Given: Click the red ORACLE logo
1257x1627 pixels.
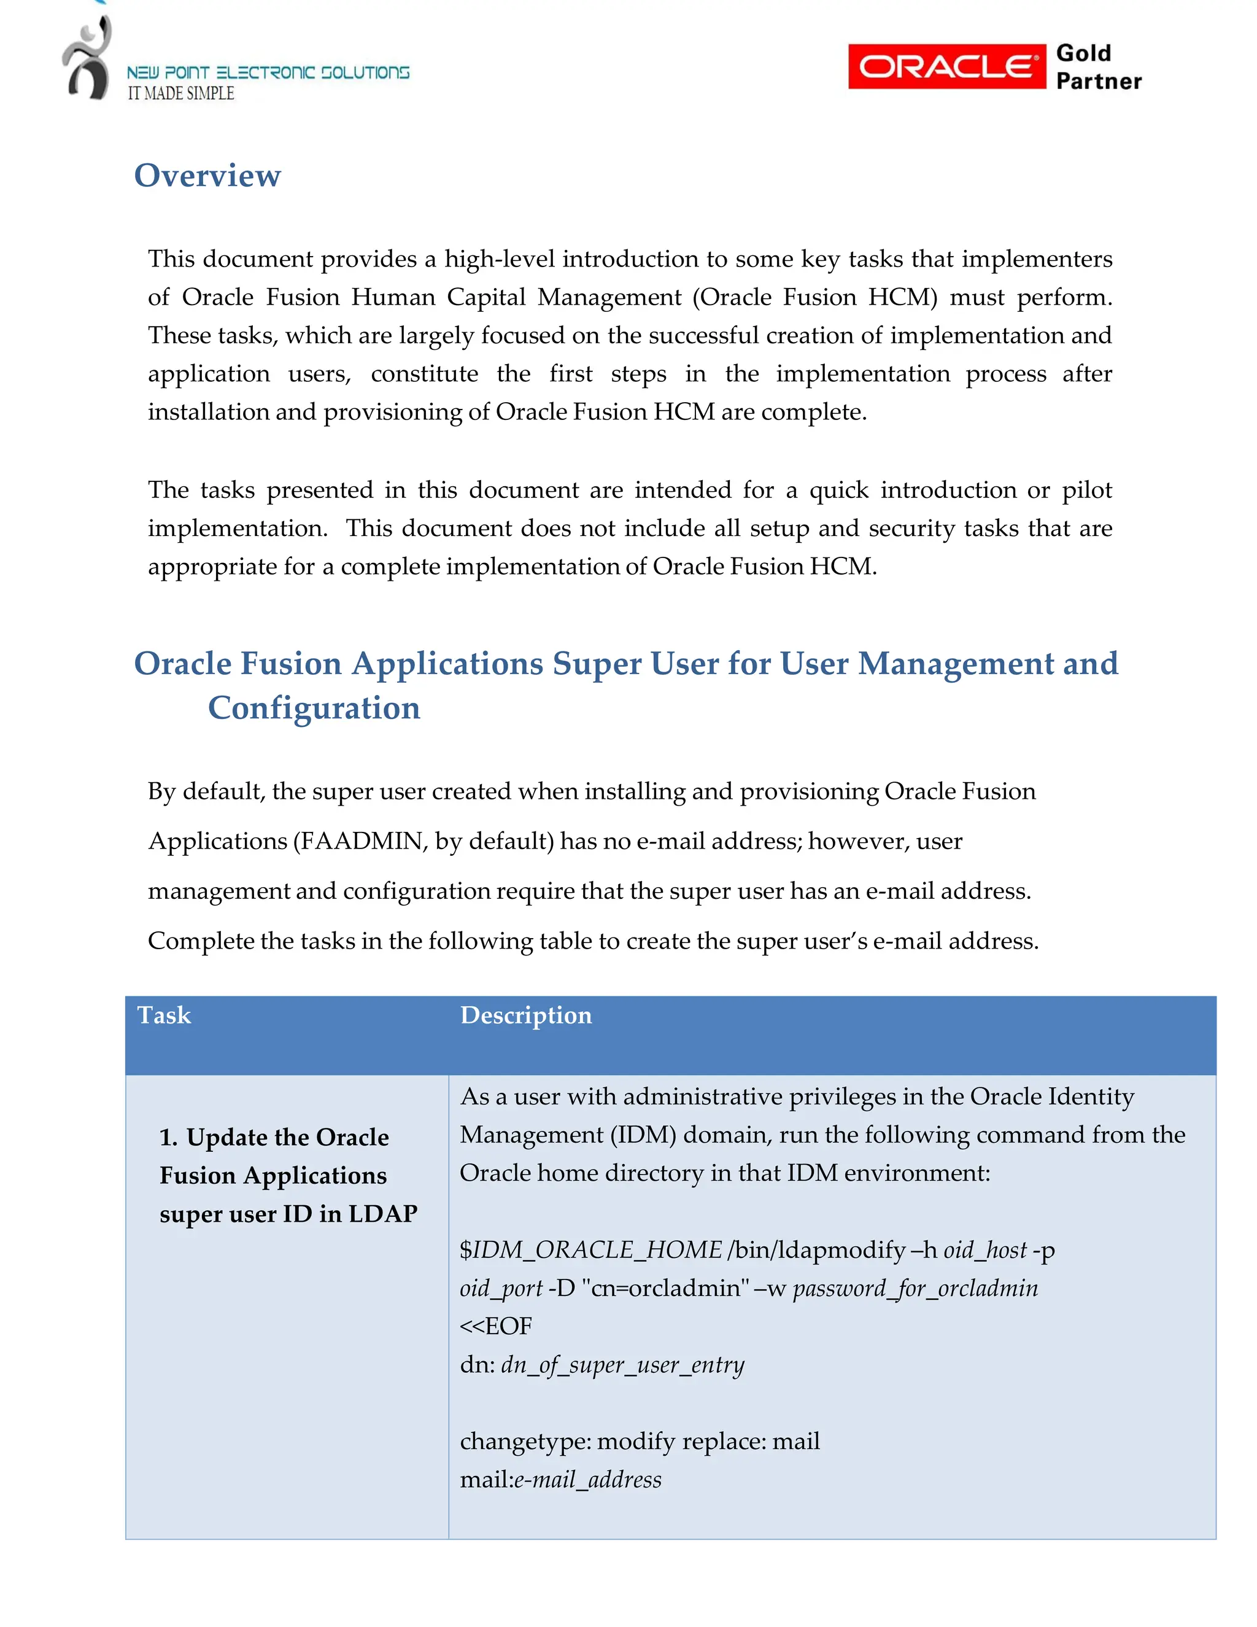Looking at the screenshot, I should pyautogui.click(x=946, y=66).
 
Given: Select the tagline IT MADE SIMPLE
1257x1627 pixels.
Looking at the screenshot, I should pyautogui.click(x=181, y=94).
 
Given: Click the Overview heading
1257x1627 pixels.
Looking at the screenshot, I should pyautogui.click(x=207, y=176).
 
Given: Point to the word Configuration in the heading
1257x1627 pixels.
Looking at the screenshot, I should pyautogui.click(x=314, y=708).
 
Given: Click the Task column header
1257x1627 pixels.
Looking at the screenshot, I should pyautogui.click(x=164, y=1015).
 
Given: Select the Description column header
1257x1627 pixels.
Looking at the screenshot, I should pyautogui.click(x=526, y=1015).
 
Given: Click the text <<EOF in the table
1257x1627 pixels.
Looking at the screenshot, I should pyautogui.click(x=496, y=1326).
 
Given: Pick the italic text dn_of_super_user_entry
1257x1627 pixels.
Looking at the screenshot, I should pyautogui.click(x=622, y=1365).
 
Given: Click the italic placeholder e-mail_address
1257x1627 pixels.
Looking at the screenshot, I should pyautogui.click(x=587, y=1480).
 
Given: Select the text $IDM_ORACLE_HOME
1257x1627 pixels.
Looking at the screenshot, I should pyautogui.click(x=590, y=1249).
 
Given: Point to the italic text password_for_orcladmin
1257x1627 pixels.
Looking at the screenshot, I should pyautogui.click(x=915, y=1288).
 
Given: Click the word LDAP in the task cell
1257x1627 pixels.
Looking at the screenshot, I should pyautogui.click(x=383, y=1214).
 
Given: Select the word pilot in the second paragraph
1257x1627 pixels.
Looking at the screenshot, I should pyautogui.click(x=1086, y=490).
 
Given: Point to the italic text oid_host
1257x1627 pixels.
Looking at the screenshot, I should pyautogui.click(x=984, y=1249).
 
